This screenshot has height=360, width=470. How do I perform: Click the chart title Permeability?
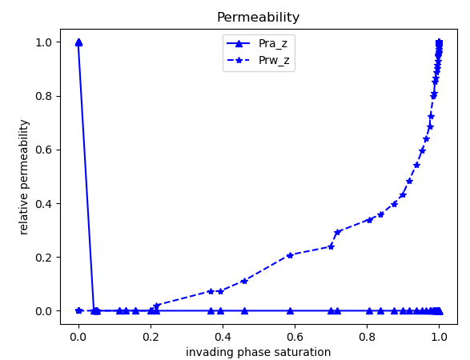258,18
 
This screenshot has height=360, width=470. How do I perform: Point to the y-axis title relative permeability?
24,177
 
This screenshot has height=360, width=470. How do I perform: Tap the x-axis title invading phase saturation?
258,352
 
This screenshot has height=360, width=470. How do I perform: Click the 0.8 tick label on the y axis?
42,96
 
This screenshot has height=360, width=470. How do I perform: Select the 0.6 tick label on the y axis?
42,150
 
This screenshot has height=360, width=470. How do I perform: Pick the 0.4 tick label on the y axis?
42,203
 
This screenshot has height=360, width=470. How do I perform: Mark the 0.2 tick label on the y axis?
42,257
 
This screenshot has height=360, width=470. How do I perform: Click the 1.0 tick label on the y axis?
42,42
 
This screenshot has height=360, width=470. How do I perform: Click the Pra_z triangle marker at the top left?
78,42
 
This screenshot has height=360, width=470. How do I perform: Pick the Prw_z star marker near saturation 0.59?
290,255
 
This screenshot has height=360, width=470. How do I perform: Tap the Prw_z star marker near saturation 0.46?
244,281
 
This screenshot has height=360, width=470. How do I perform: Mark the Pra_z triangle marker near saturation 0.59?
290,310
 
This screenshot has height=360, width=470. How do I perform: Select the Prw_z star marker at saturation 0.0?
78,310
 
